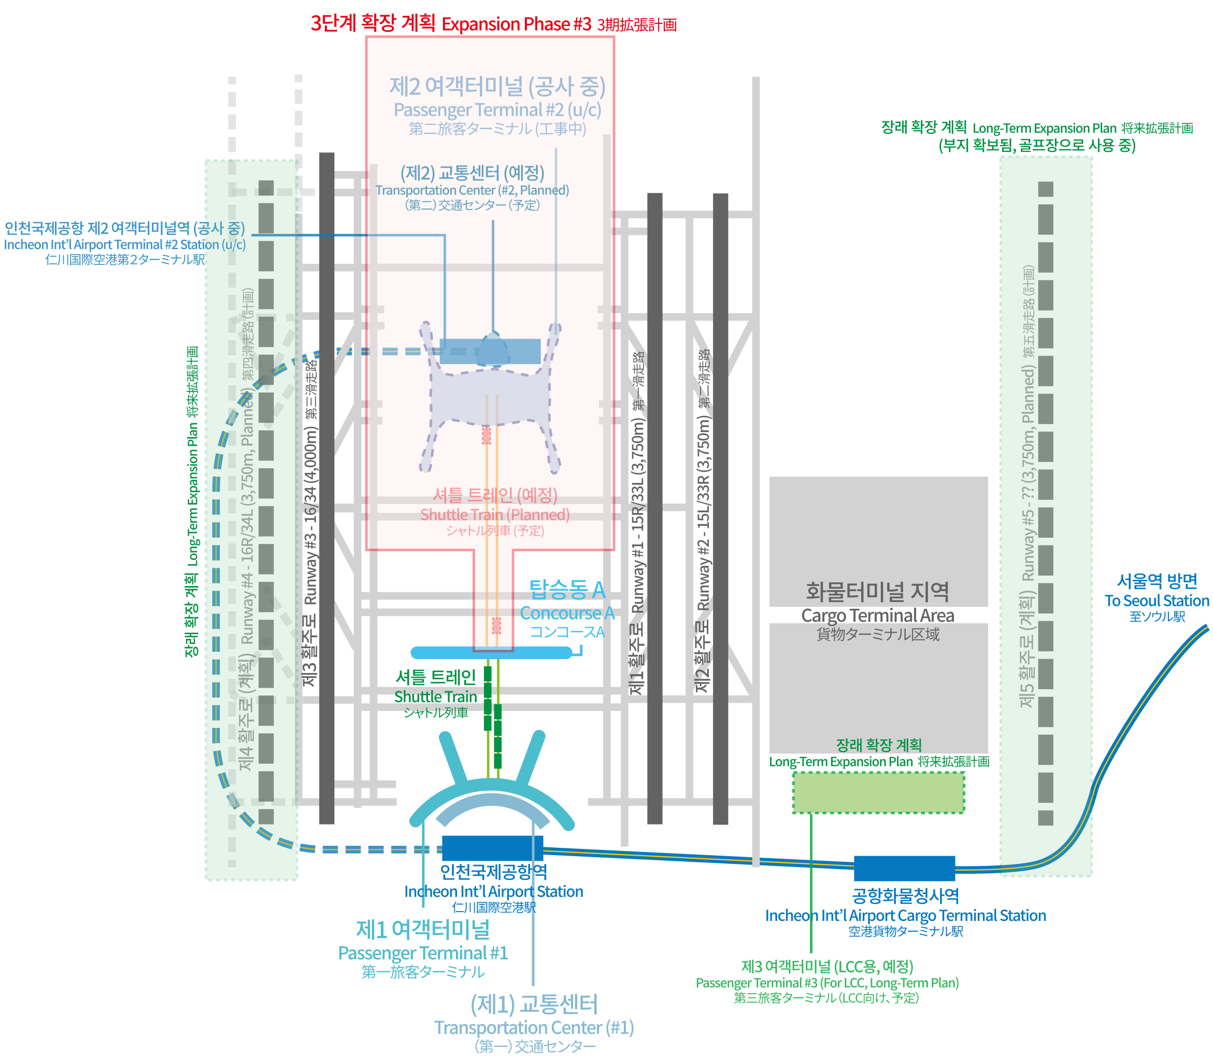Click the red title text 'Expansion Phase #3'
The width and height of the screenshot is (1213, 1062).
516,25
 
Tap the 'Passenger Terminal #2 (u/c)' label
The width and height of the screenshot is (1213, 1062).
497,110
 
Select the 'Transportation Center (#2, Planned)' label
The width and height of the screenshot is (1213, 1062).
472,190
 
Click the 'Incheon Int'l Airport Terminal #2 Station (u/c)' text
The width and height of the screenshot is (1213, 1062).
124,245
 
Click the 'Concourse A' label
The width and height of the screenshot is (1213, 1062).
567,613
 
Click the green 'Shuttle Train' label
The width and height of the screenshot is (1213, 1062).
435,697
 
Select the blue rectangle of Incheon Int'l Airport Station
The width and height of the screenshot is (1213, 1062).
492,848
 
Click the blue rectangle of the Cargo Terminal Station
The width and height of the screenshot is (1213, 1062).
904,868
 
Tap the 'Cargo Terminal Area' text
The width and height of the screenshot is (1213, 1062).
878,616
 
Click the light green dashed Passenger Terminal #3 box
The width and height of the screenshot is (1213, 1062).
878,792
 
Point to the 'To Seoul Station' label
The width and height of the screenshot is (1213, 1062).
1156,601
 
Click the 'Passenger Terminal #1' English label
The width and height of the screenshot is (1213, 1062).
423,953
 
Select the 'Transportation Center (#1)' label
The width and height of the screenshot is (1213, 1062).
534,1027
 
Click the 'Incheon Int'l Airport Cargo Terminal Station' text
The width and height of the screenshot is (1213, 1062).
905,916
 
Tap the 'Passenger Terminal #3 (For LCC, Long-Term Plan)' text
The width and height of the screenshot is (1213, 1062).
827,983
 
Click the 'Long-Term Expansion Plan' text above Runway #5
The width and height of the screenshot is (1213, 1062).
1044,129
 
